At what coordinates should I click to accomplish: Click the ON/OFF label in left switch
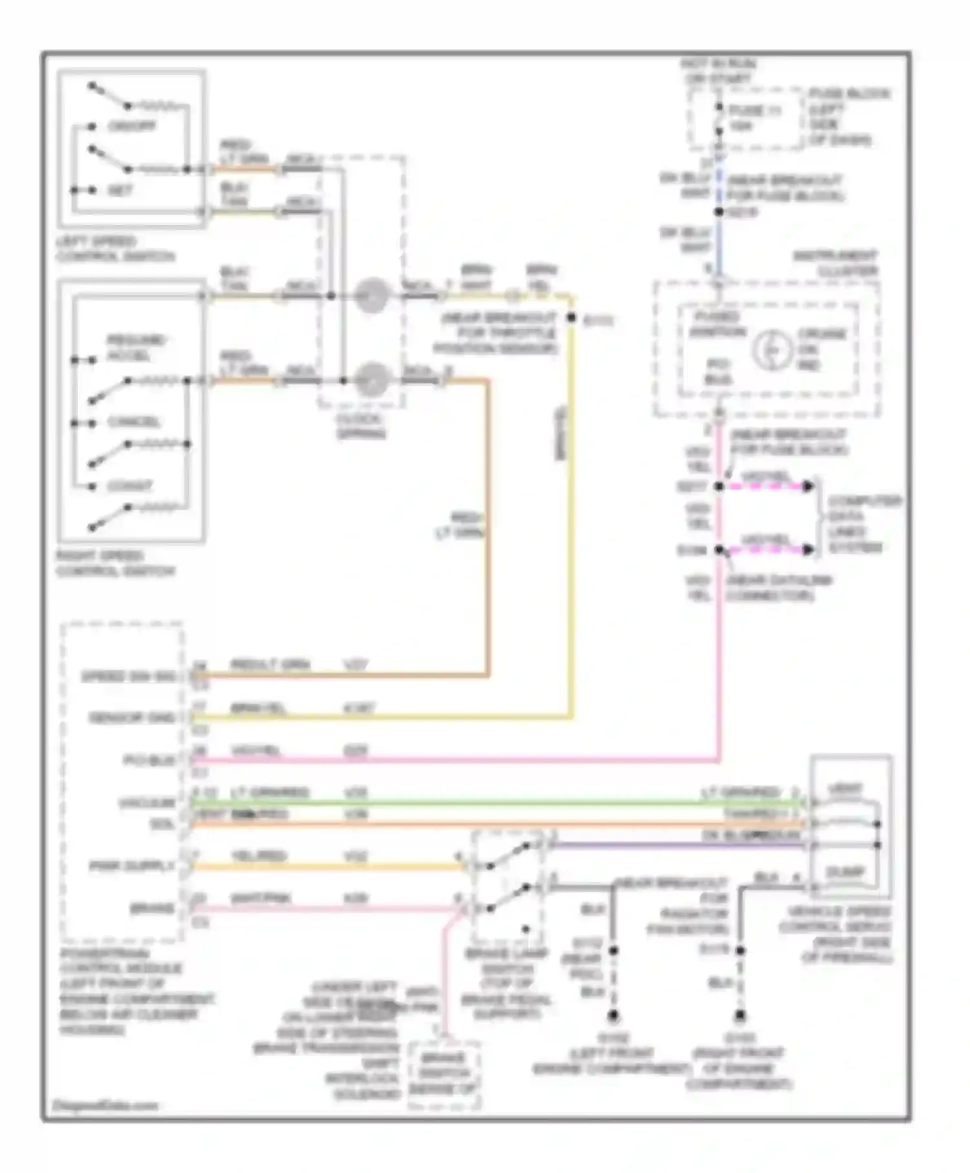click(131, 126)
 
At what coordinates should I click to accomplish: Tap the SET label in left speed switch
click(120, 190)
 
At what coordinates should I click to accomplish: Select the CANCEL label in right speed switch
click(133, 422)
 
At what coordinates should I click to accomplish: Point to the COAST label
click(129, 486)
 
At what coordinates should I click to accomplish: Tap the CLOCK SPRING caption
click(360, 425)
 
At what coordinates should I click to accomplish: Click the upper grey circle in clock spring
click(372, 296)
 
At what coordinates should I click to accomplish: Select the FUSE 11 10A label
click(754, 118)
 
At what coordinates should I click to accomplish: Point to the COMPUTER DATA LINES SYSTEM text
click(864, 524)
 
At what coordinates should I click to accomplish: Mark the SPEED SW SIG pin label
click(128, 677)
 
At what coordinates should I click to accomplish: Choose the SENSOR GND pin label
click(132, 718)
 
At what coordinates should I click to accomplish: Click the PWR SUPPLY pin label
click(132, 866)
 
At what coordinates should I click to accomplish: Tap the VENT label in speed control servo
click(845, 790)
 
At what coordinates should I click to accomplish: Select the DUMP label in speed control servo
click(845, 872)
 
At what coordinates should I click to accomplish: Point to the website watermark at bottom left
click(105, 1105)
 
